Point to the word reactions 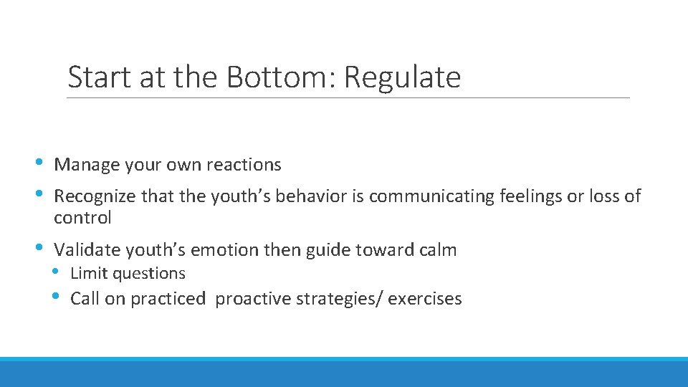tap(244, 165)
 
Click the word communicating tap(430, 196)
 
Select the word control tap(82, 218)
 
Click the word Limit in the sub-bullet tap(86, 274)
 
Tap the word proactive tap(250, 299)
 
